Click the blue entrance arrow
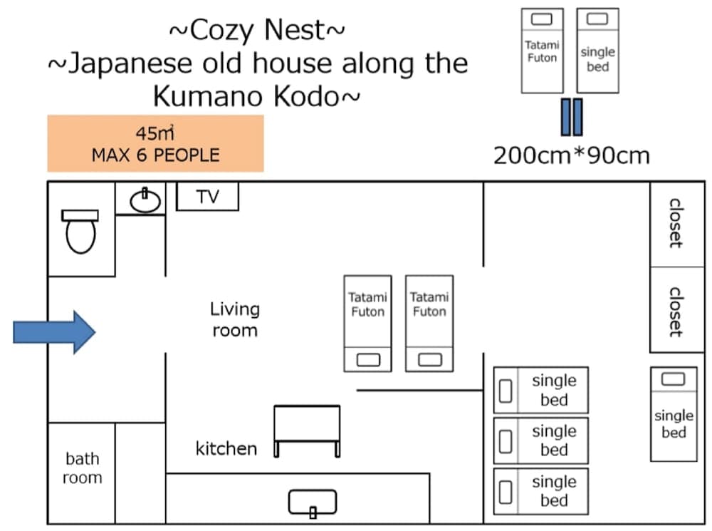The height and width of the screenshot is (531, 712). click(54, 331)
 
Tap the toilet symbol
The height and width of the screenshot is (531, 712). click(80, 231)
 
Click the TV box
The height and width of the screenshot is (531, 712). click(207, 197)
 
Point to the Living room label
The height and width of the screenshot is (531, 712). click(235, 319)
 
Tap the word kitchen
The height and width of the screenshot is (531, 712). click(226, 448)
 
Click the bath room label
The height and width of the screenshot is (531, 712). click(82, 468)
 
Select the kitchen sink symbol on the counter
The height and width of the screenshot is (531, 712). click(313, 504)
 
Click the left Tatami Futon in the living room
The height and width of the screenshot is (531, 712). click(367, 323)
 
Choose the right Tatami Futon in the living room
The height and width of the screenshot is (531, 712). click(429, 323)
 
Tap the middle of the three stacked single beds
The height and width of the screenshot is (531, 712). click(541, 440)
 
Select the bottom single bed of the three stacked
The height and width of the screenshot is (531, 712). click(541, 491)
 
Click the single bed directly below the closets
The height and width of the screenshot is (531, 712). click(674, 413)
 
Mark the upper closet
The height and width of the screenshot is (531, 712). click(674, 224)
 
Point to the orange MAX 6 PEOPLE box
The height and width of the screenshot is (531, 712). click(155, 143)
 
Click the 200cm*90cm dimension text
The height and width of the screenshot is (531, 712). click(571, 155)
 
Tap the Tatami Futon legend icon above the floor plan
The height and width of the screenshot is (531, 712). click(543, 51)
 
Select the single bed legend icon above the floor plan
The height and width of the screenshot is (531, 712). click(597, 51)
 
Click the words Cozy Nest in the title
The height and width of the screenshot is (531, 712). click(257, 30)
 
